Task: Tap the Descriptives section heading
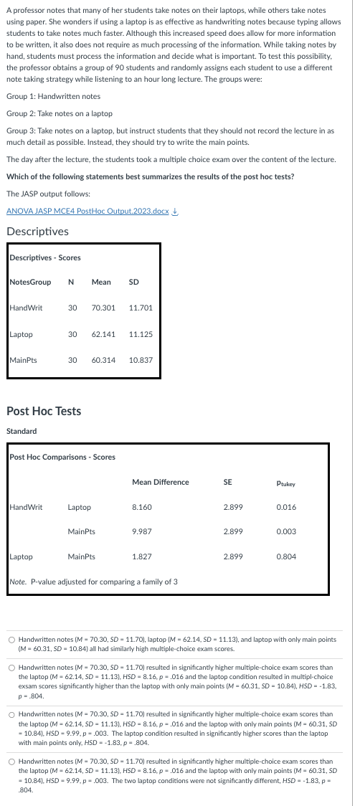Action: click(37, 231)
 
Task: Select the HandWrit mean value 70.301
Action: click(104, 308)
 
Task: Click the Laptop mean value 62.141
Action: click(104, 334)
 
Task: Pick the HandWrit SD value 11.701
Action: click(141, 308)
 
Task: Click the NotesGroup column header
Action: click(30, 282)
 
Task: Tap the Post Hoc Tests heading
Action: click(43, 411)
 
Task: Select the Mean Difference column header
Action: click(161, 482)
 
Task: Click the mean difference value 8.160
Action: click(142, 507)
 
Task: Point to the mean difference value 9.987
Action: click(142, 532)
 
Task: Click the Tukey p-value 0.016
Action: click(285, 507)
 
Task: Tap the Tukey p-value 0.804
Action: click(285, 556)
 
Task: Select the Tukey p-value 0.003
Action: click(285, 532)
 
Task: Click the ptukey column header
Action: click(285, 483)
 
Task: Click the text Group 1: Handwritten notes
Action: click(53, 96)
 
